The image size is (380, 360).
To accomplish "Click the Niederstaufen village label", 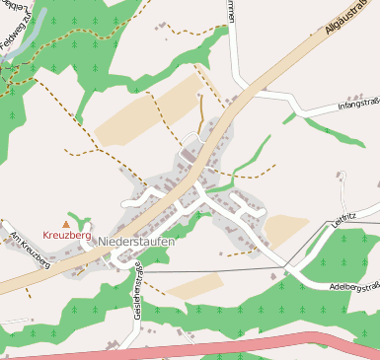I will [136, 242].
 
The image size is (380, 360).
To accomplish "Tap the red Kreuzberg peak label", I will [67, 236].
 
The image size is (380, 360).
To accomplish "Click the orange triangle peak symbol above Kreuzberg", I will [67, 224].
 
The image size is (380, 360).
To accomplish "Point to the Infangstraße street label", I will [357, 103].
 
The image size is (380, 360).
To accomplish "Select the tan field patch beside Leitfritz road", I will [285, 230].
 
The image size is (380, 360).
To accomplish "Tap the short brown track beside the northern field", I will [202, 113].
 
